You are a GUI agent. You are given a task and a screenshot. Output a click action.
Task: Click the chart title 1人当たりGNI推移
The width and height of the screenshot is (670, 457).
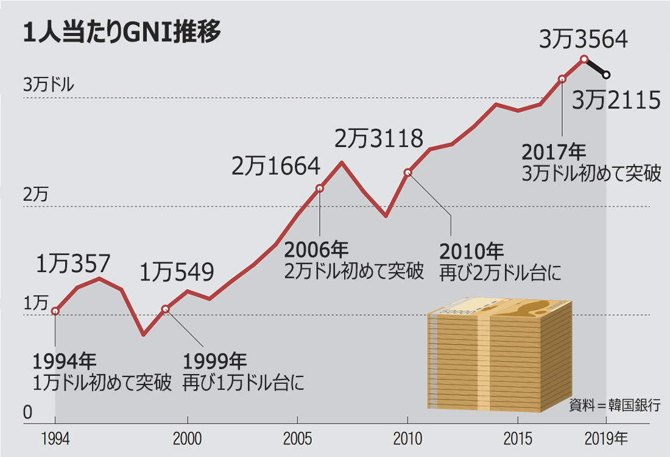pyautogui.click(x=121, y=32)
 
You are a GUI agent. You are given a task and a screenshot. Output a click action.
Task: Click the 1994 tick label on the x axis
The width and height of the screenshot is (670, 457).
pyautogui.click(x=55, y=439)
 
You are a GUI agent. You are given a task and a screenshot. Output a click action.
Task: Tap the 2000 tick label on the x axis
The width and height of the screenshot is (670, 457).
pyautogui.click(x=188, y=439)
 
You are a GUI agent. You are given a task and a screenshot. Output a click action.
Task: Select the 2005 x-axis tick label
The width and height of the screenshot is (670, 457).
pyautogui.click(x=297, y=439)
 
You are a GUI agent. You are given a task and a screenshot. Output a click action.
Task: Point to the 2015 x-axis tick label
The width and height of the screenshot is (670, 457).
pyautogui.click(x=517, y=439)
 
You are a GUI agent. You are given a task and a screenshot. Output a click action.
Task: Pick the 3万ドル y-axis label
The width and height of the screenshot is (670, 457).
pyautogui.click(x=49, y=85)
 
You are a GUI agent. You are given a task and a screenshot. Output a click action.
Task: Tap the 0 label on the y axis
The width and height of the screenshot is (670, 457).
pyautogui.click(x=27, y=413)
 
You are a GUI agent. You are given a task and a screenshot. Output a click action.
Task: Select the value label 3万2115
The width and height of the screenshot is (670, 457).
pyautogui.click(x=616, y=100)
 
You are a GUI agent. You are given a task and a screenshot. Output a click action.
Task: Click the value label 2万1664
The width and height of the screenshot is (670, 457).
pyautogui.click(x=275, y=166)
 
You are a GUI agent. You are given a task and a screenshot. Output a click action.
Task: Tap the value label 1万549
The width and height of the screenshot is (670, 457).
pyautogui.click(x=177, y=272)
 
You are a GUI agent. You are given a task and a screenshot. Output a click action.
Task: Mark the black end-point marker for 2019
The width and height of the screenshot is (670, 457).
pyautogui.click(x=606, y=75)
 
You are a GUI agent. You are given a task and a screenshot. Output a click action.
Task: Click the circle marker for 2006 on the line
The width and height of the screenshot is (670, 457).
pyautogui.click(x=320, y=189)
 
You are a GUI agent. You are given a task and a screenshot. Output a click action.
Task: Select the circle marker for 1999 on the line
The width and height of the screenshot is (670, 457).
pyautogui.click(x=166, y=309)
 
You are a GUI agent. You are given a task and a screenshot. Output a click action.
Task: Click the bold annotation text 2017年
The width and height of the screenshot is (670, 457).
pyautogui.click(x=554, y=151)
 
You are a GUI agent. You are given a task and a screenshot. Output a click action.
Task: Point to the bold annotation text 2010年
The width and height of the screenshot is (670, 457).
pyautogui.click(x=471, y=251)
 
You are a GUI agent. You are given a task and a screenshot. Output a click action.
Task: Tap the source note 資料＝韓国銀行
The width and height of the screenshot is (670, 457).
pyautogui.click(x=615, y=405)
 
